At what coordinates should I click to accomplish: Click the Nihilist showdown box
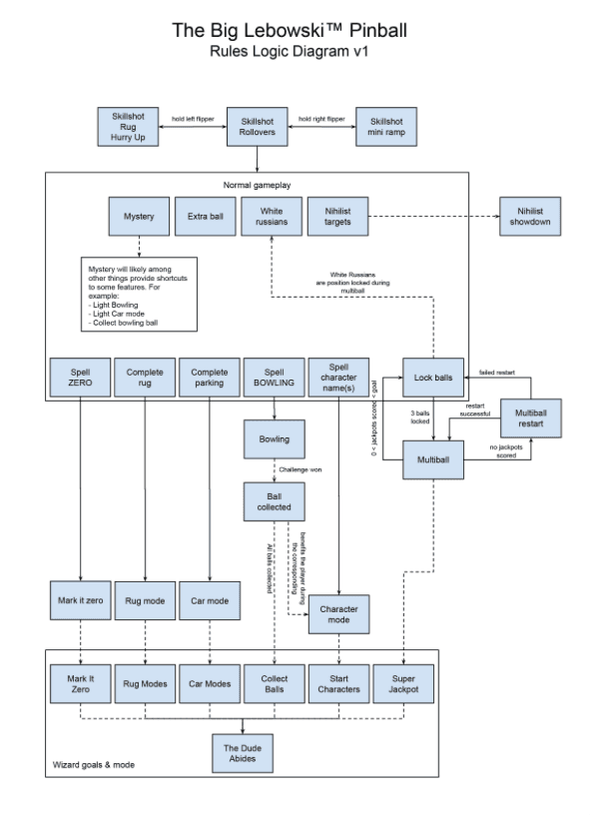pyautogui.click(x=529, y=217)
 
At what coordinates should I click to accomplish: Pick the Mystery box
pyautogui.click(x=139, y=217)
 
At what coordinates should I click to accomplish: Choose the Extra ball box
pyautogui.click(x=206, y=217)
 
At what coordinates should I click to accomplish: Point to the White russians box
pyautogui.click(x=272, y=217)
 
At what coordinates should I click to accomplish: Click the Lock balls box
pyautogui.click(x=434, y=379)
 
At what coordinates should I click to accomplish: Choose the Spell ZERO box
pyautogui.click(x=79, y=379)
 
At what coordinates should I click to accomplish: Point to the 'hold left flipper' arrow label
pyautogui.click(x=193, y=117)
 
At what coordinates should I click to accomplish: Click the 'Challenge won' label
pyautogui.click(x=300, y=467)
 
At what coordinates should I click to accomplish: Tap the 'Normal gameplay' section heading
pyautogui.click(x=257, y=185)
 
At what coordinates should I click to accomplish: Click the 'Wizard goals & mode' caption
pyautogui.click(x=94, y=765)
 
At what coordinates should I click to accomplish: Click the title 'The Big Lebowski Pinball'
pyautogui.click(x=290, y=32)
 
